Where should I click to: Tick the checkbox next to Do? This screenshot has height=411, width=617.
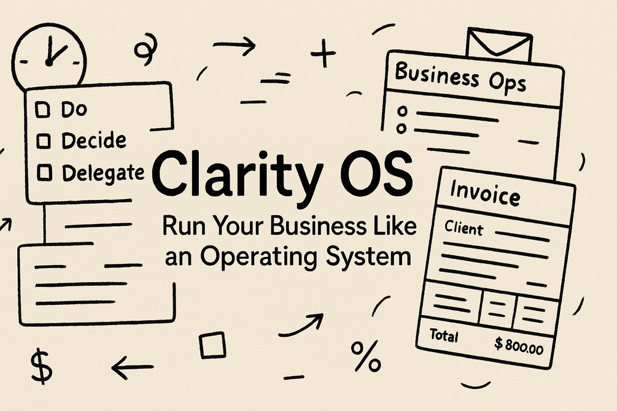point(42,110)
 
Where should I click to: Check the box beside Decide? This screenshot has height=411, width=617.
point(44,141)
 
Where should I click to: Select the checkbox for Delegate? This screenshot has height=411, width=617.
point(44,173)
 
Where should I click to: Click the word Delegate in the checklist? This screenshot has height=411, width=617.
point(103,173)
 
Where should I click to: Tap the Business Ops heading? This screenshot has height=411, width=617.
point(460,77)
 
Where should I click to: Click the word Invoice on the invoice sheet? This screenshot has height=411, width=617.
point(485,193)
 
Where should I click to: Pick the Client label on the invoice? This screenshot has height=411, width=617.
point(464,228)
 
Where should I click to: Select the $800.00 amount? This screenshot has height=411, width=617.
point(519,346)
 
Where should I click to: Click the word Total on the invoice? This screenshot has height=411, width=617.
point(444,336)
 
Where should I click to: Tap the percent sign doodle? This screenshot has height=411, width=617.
point(366,356)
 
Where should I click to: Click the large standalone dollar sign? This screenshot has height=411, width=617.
point(41,366)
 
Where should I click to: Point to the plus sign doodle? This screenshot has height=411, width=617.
point(324,53)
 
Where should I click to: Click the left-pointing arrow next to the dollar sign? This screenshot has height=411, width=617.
point(133,367)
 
